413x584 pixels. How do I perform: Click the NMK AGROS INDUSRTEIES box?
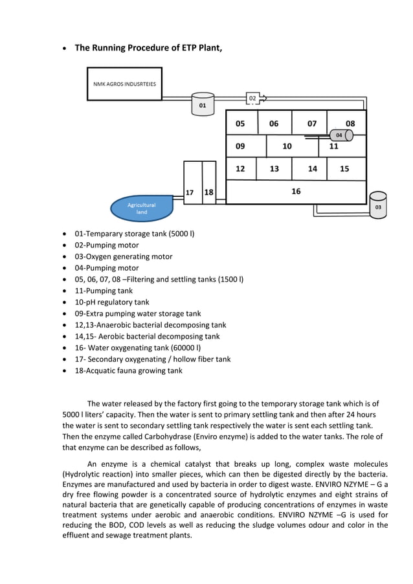[124, 84]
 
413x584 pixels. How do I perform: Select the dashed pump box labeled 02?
[252, 98]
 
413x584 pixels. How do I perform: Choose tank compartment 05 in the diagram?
[241, 123]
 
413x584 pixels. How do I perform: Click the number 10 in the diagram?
[287, 146]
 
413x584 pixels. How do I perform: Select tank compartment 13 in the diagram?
[274, 168]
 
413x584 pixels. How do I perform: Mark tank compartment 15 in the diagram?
[344, 168]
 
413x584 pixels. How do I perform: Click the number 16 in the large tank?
[296, 191]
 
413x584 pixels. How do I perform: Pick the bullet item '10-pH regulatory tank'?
[112, 302]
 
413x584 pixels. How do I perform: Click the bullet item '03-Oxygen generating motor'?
[124, 256]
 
